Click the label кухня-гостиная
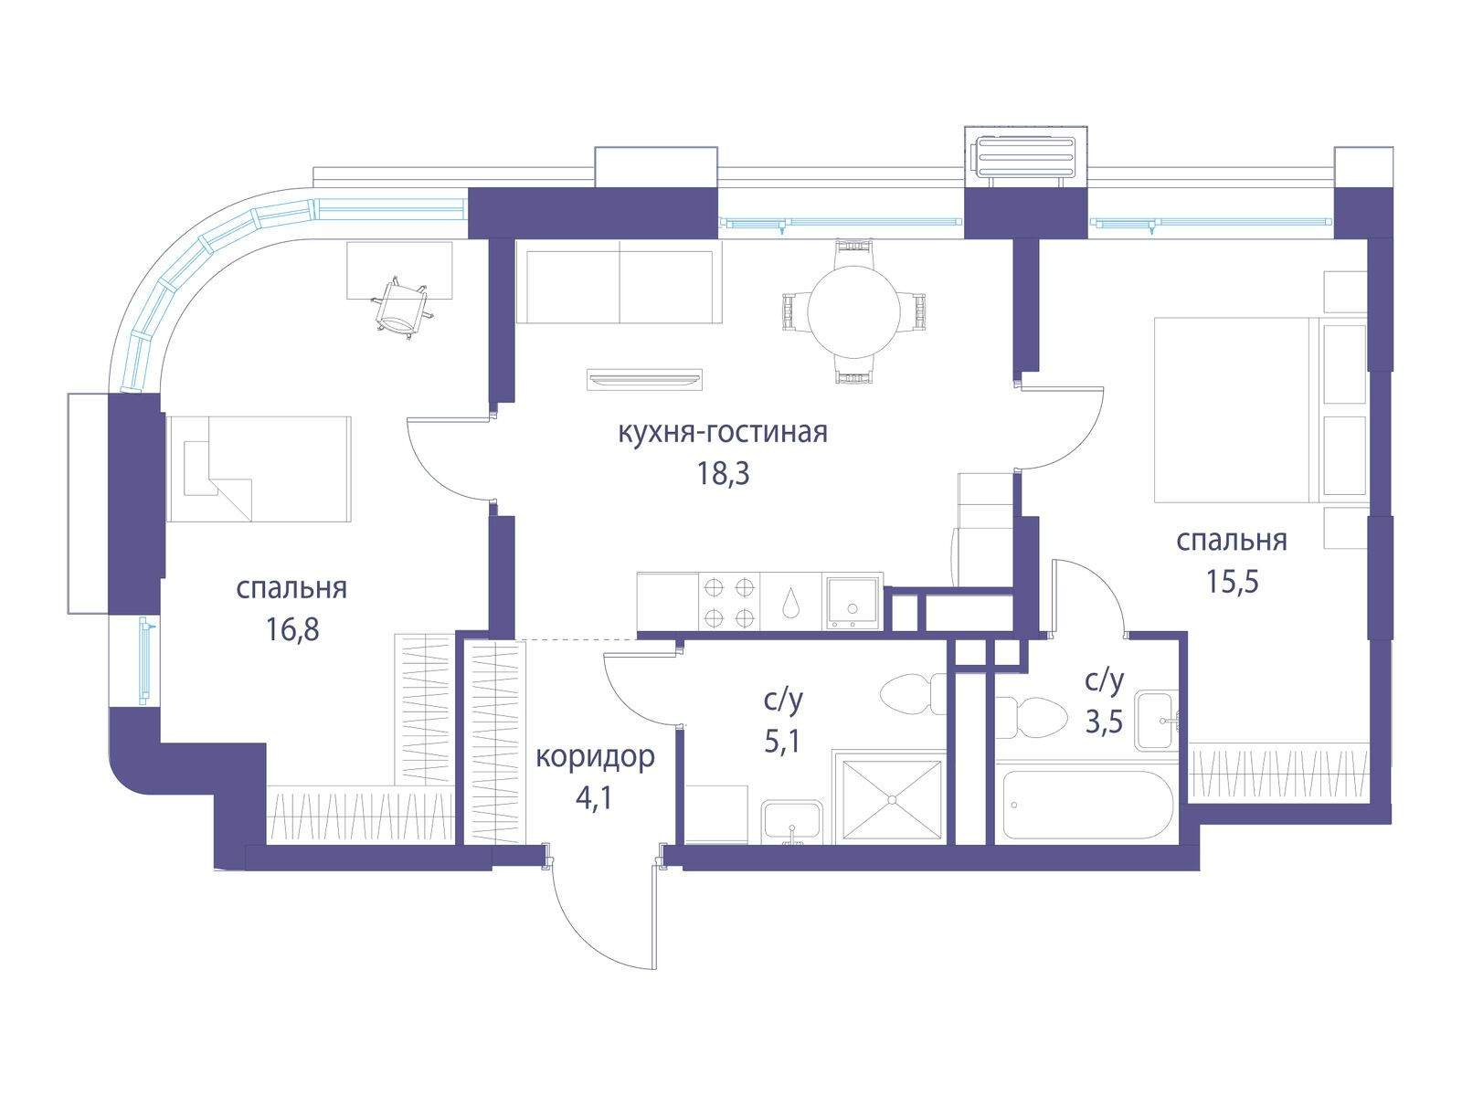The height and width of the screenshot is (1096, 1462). click(x=723, y=433)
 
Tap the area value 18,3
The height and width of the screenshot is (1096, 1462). click(x=723, y=474)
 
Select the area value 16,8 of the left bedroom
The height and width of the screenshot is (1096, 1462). click(x=292, y=629)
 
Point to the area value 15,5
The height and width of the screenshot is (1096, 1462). click(x=1233, y=581)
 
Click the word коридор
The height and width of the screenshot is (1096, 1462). click(x=595, y=756)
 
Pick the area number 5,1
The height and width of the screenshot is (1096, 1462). click(x=782, y=742)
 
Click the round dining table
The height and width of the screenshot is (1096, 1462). click(x=853, y=311)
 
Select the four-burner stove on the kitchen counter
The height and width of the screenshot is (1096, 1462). click(x=728, y=602)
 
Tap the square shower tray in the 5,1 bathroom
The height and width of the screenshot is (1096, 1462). click(x=893, y=799)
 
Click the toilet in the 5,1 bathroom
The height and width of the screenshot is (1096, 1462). click(x=913, y=695)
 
